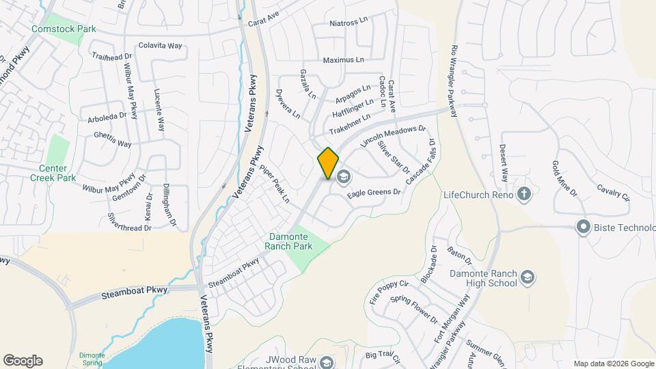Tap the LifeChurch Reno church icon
tap(524, 194)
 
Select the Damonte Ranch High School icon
tap(527, 277)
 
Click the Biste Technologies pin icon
tap(583, 226)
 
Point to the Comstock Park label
tap(64, 29)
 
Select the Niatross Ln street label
tap(348, 23)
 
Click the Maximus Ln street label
tap(343, 60)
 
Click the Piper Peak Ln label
tap(279, 184)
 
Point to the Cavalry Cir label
tap(612, 193)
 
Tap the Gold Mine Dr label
tap(564, 179)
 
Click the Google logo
tap(23, 361)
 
